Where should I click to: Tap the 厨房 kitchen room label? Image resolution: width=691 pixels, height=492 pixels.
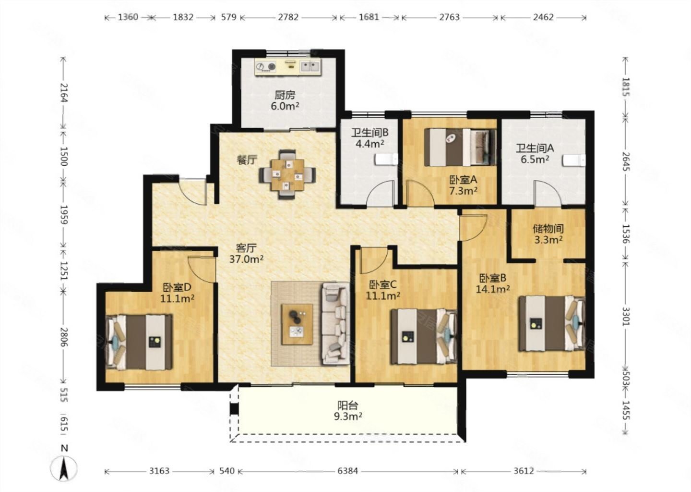click(x=285, y=95)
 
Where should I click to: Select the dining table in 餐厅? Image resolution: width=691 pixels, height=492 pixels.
click(x=287, y=174)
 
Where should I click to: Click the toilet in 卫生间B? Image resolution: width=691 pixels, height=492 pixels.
click(x=386, y=160)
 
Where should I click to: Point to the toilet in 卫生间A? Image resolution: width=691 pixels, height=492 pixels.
click(x=574, y=160)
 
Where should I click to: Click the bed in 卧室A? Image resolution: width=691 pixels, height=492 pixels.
click(x=460, y=148)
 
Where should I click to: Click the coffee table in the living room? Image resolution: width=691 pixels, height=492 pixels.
click(x=297, y=324)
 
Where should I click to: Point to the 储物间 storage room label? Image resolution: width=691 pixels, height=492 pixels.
click(x=548, y=229)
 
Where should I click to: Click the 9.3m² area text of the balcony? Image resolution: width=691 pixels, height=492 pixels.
click(x=348, y=417)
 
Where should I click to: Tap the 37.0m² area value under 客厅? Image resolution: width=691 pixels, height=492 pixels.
click(x=246, y=259)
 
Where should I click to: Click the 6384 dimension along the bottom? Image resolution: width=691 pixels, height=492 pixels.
click(x=347, y=471)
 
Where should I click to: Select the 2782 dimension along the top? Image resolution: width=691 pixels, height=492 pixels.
click(x=288, y=17)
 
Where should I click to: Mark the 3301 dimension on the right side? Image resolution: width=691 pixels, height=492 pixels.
click(x=626, y=316)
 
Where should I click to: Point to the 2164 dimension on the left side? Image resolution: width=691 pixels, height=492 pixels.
click(x=63, y=92)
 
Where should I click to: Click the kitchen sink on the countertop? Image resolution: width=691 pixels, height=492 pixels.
click(x=310, y=66)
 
